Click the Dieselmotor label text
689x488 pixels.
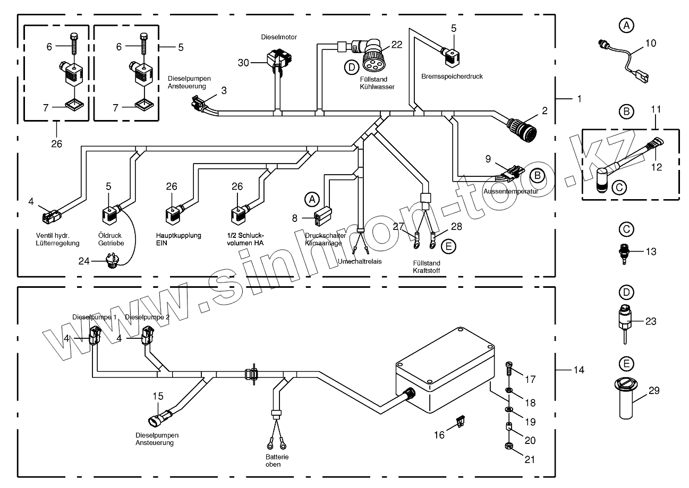point(278,37)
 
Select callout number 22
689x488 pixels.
point(397,45)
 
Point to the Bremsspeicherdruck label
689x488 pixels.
point(452,76)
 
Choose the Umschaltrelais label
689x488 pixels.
point(360,262)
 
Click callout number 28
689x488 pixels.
point(457,227)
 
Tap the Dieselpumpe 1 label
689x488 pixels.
point(94,317)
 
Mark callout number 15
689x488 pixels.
point(158,396)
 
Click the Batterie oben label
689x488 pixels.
point(273,460)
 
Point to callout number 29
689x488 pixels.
point(654,391)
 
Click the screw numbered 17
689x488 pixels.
point(508,366)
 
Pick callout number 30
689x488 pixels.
point(243,63)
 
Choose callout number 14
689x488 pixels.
point(579,370)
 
